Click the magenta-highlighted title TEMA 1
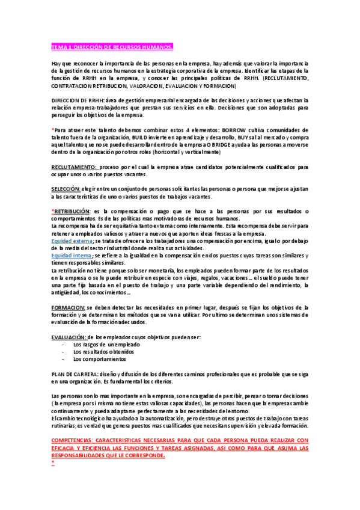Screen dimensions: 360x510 click(x=112, y=47)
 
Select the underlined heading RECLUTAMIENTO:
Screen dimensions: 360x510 click(x=74, y=166)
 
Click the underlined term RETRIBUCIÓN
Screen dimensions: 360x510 click(x=72, y=211)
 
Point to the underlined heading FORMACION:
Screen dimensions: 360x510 click(x=72, y=307)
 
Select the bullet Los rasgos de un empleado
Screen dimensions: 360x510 click(x=106, y=345)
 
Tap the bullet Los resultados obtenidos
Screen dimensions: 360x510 click(x=103, y=352)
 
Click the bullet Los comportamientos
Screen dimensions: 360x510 click(x=100, y=360)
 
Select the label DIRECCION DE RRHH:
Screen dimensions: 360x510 click(x=78, y=100)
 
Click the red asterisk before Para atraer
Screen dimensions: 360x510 click(x=53, y=129)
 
